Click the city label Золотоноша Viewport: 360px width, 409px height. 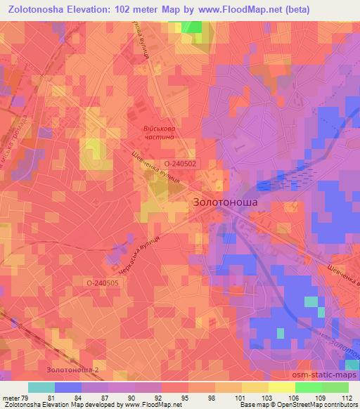tap(224, 202)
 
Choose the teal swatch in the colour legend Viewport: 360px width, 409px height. tap(41, 387)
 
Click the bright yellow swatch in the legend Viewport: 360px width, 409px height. tap(282, 387)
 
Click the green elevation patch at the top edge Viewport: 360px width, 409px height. tap(191, 27)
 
